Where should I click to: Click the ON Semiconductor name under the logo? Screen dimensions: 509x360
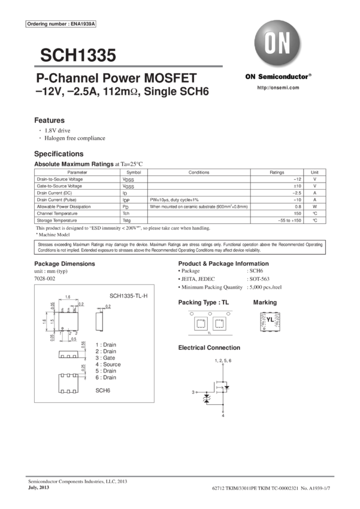[x=278, y=77]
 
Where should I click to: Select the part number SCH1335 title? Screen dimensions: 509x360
[x=78, y=56]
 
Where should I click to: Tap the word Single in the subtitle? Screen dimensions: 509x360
[x=167, y=92]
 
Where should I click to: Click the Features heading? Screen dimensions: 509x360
[x=49, y=120]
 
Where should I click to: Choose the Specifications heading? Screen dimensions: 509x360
[x=58, y=154]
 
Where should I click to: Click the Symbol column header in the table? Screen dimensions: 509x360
[x=132, y=172]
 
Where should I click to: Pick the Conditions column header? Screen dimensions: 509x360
[x=198, y=172]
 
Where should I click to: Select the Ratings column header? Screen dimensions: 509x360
[x=277, y=172]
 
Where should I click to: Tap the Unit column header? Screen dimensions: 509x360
[x=314, y=172]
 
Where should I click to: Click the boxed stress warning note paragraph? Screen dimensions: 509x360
[x=180, y=247]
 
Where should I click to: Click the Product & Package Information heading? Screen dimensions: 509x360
[x=223, y=264]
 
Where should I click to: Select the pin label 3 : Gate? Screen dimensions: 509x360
[x=106, y=357]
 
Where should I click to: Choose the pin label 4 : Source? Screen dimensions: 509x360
[x=108, y=363]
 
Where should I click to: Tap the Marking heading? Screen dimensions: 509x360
[x=264, y=302]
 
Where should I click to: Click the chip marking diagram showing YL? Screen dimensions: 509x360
[x=268, y=322]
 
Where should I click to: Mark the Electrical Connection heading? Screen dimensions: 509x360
[x=210, y=347]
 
